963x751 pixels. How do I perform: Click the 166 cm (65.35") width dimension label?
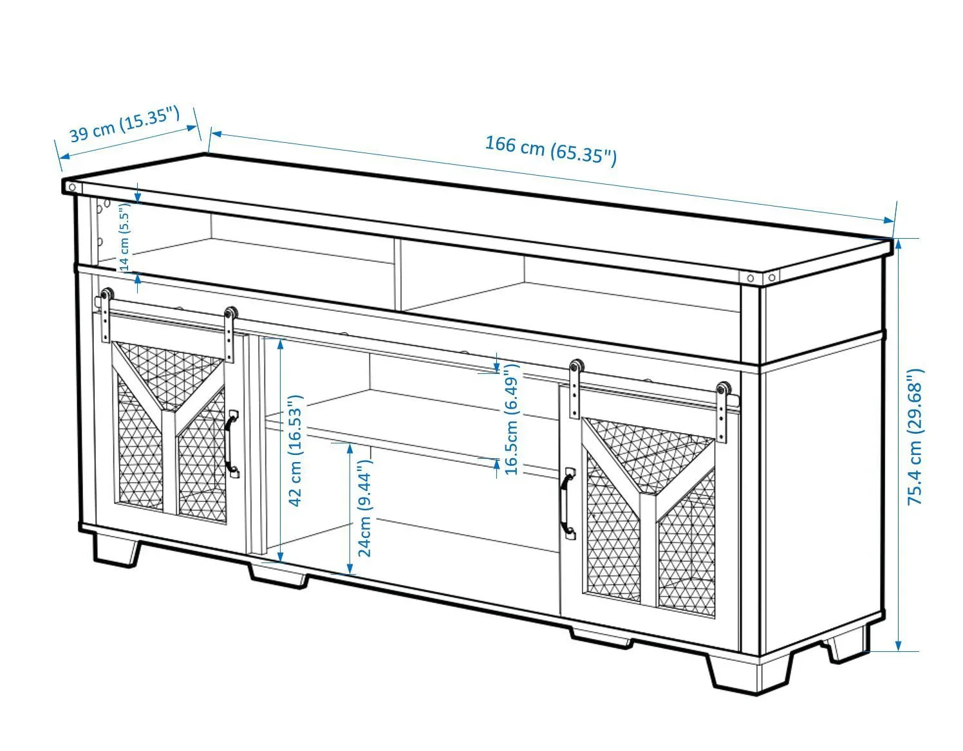(x=550, y=150)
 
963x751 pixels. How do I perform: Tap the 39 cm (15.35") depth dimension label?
(x=124, y=125)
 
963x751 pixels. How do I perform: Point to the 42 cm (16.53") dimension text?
(x=295, y=451)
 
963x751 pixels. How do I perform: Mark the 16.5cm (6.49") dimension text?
(x=512, y=419)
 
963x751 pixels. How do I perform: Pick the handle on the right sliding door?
(x=566, y=503)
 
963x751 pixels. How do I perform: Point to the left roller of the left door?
(x=106, y=295)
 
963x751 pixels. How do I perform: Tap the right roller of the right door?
(x=723, y=390)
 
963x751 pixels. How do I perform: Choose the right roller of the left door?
(x=229, y=313)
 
